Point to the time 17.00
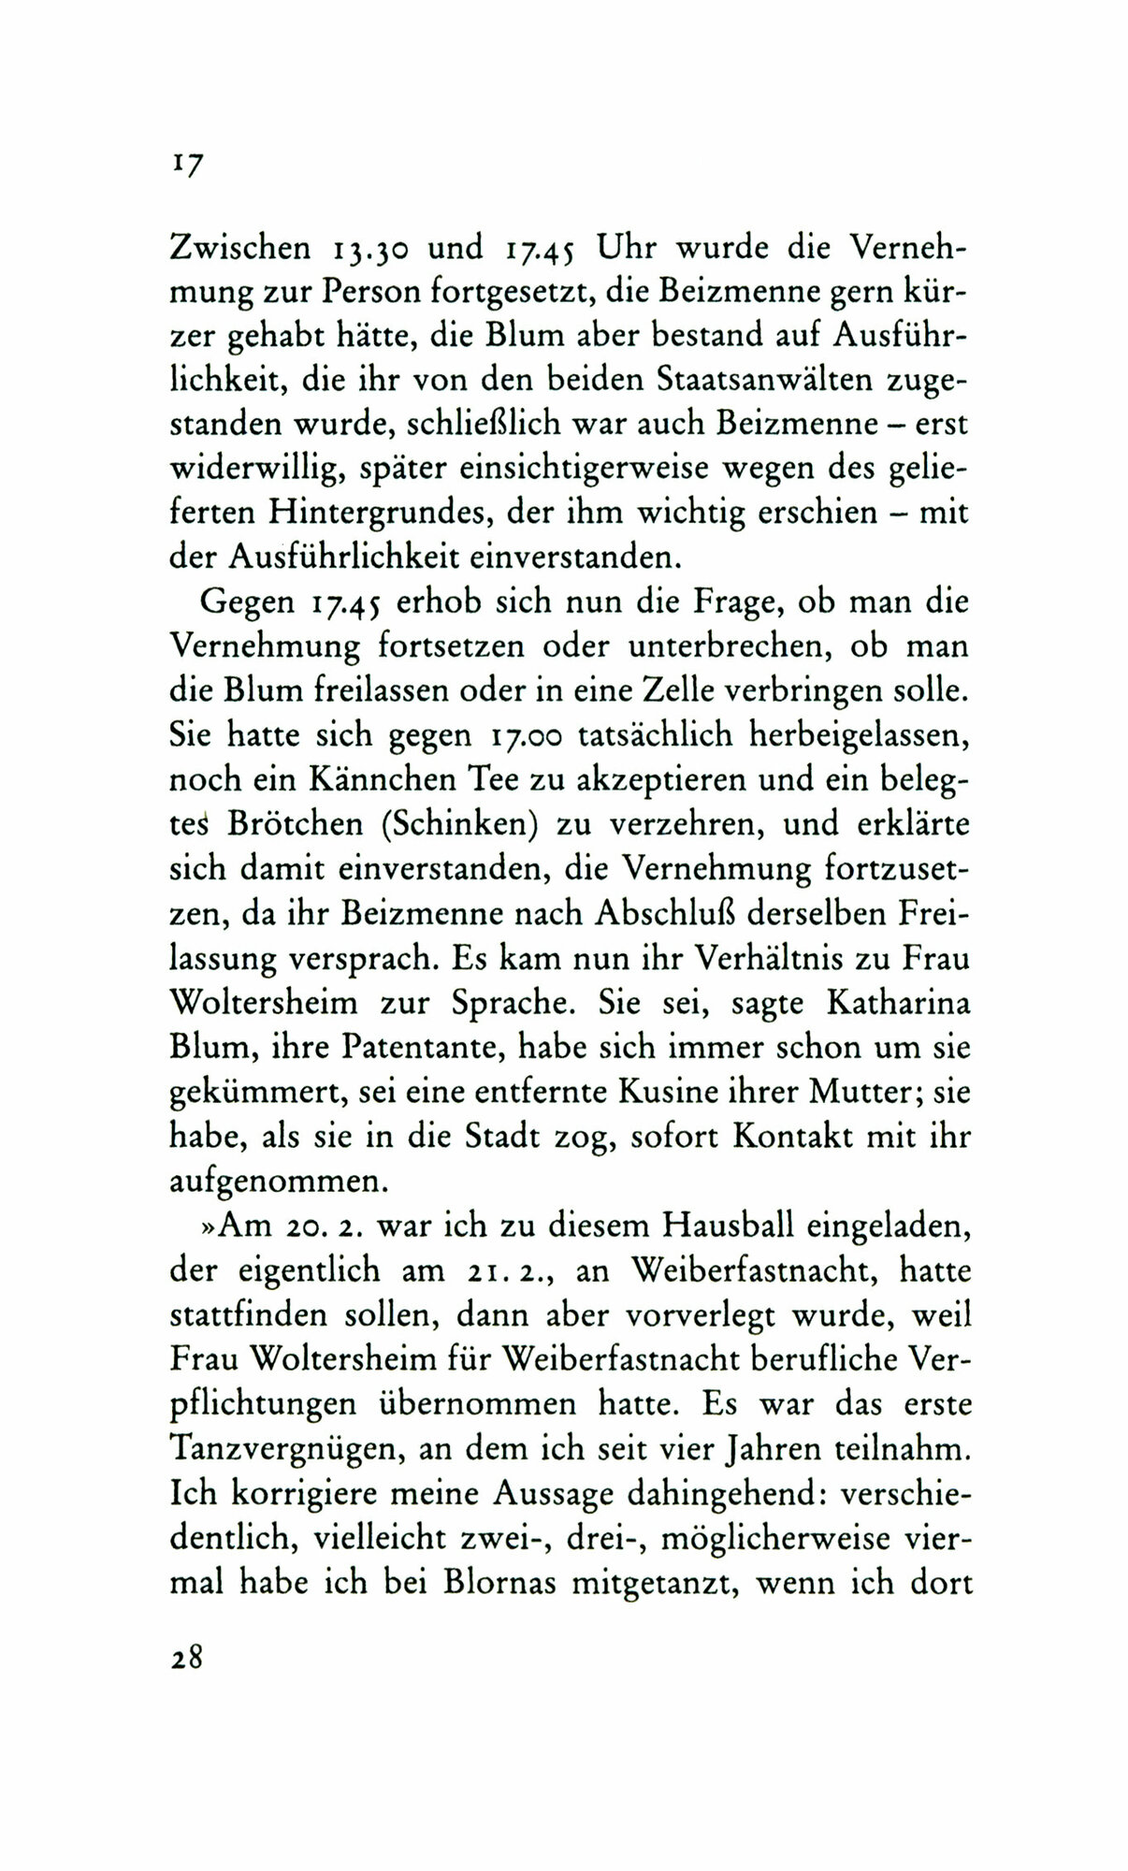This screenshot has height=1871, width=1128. click(x=525, y=735)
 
